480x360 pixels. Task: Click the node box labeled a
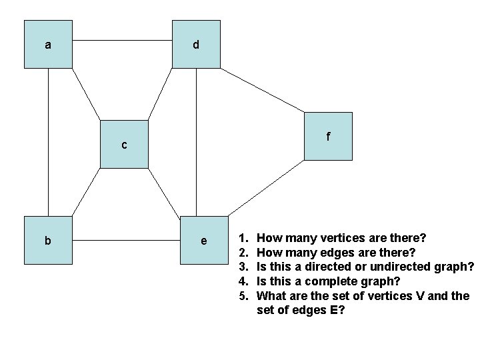pyautogui.click(x=48, y=45)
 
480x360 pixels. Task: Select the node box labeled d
pyautogui.click(x=196, y=45)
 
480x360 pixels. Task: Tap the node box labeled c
pyautogui.click(x=124, y=144)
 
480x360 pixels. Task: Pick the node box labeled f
pyautogui.click(x=328, y=137)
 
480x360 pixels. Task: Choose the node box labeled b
pyautogui.click(x=48, y=240)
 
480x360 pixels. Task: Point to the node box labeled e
pyautogui.click(x=203, y=240)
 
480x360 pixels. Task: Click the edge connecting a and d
pyautogui.click(x=122, y=40)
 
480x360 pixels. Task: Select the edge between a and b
pyautogui.click(x=48, y=142)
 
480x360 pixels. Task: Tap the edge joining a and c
pyautogui.click(x=86, y=94)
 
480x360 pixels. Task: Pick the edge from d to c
pyautogui.click(x=161, y=94)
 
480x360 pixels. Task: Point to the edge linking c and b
pyautogui.click(x=86, y=192)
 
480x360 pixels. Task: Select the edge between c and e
pyautogui.click(x=164, y=192)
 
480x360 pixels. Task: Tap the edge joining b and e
pyautogui.click(x=126, y=237)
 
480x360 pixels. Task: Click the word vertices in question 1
pyautogui.click(x=342, y=238)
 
